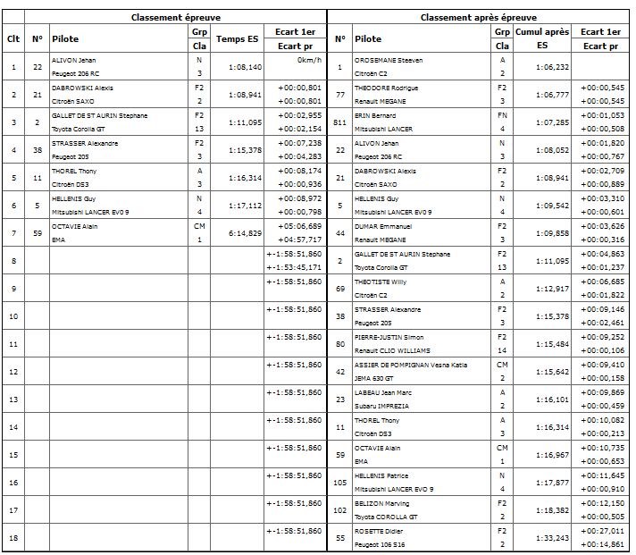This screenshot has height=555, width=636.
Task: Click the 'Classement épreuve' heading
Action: tap(176, 17)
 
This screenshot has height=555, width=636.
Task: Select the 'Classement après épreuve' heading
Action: tap(479, 17)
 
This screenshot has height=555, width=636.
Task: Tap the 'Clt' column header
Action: tap(13, 38)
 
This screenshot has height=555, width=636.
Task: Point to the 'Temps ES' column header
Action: tap(238, 38)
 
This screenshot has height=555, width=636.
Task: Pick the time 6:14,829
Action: tap(245, 232)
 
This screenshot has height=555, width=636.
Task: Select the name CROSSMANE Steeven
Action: tap(389, 60)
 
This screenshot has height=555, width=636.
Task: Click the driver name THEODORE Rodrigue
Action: tap(387, 88)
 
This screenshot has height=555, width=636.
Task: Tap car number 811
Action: tap(339, 122)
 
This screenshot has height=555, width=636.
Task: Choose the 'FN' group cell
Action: tap(502, 115)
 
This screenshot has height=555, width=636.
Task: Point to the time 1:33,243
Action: tap(552, 537)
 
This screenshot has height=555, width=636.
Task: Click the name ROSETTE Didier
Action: tap(380, 530)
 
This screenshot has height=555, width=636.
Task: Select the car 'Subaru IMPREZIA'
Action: tap(381, 406)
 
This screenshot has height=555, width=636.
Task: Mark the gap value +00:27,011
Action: tap(601, 530)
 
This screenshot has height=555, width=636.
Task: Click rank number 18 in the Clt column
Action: tap(13, 537)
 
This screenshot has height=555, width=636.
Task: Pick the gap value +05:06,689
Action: tap(300, 226)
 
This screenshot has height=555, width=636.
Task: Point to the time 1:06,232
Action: tap(552, 66)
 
